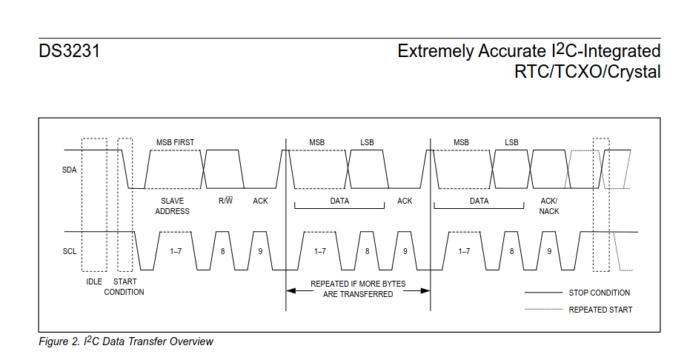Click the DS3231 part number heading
(x=70, y=53)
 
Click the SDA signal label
(x=70, y=170)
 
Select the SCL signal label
(x=70, y=252)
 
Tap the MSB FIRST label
(x=175, y=142)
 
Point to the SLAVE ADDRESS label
(x=172, y=206)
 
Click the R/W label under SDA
(x=225, y=201)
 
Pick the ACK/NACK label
(x=549, y=206)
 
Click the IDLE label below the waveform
(x=94, y=281)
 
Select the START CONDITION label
(x=124, y=287)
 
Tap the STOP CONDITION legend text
(x=600, y=293)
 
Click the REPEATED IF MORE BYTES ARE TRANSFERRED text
(x=358, y=289)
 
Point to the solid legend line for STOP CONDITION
(x=543, y=293)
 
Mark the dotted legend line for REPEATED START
(x=543, y=310)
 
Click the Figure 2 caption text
(x=126, y=341)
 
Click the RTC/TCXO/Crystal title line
(x=587, y=72)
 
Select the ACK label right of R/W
(x=260, y=201)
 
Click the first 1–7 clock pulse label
(x=176, y=252)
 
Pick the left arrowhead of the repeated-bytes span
(x=291, y=290)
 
